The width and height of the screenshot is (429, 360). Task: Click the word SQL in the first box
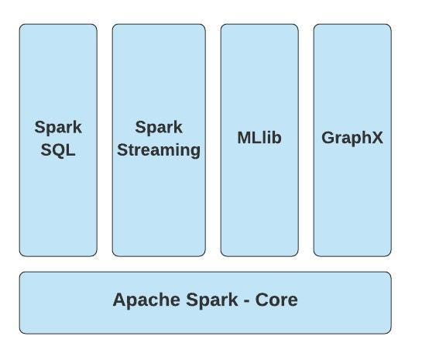pos(58,150)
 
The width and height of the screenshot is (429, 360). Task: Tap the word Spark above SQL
pos(58,128)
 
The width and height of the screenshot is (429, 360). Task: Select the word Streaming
pos(159,150)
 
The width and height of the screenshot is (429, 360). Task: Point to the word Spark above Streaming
pos(159,128)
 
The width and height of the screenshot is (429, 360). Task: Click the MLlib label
pos(259,139)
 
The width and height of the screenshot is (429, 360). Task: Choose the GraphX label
pos(352,139)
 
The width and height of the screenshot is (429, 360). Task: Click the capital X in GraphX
pos(377,139)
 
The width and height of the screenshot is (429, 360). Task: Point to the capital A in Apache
pos(119,300)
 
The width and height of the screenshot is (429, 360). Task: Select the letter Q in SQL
pos(58,150)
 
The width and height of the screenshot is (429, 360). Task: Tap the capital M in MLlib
pos(244,139)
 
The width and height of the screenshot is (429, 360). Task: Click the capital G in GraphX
pos(328,139)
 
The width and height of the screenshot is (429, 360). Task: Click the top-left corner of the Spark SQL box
pos(21,26)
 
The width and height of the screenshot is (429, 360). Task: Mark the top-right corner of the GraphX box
pos(390,26)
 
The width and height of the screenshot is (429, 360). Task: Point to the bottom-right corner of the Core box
pos(390,332)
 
